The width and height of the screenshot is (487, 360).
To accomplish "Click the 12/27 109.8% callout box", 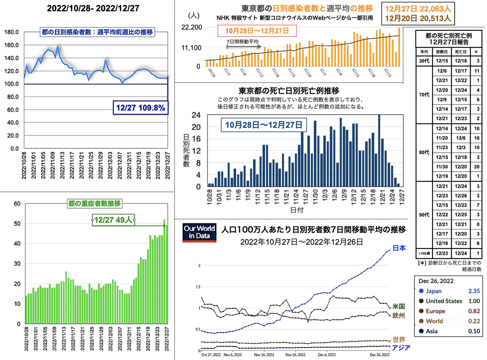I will [140, 108].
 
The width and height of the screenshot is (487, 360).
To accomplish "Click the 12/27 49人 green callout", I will [114, 220].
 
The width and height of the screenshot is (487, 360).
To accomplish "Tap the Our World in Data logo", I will [199, 233].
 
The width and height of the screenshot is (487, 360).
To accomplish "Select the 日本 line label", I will [399, 248].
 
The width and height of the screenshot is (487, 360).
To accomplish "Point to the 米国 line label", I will [399, 306].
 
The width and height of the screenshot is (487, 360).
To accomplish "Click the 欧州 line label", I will [399, 316].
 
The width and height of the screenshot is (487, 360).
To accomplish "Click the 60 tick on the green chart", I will [16, 203].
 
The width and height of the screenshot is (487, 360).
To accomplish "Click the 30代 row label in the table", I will [426, 61].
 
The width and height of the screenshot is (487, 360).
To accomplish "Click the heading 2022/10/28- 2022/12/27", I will [87, 8].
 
